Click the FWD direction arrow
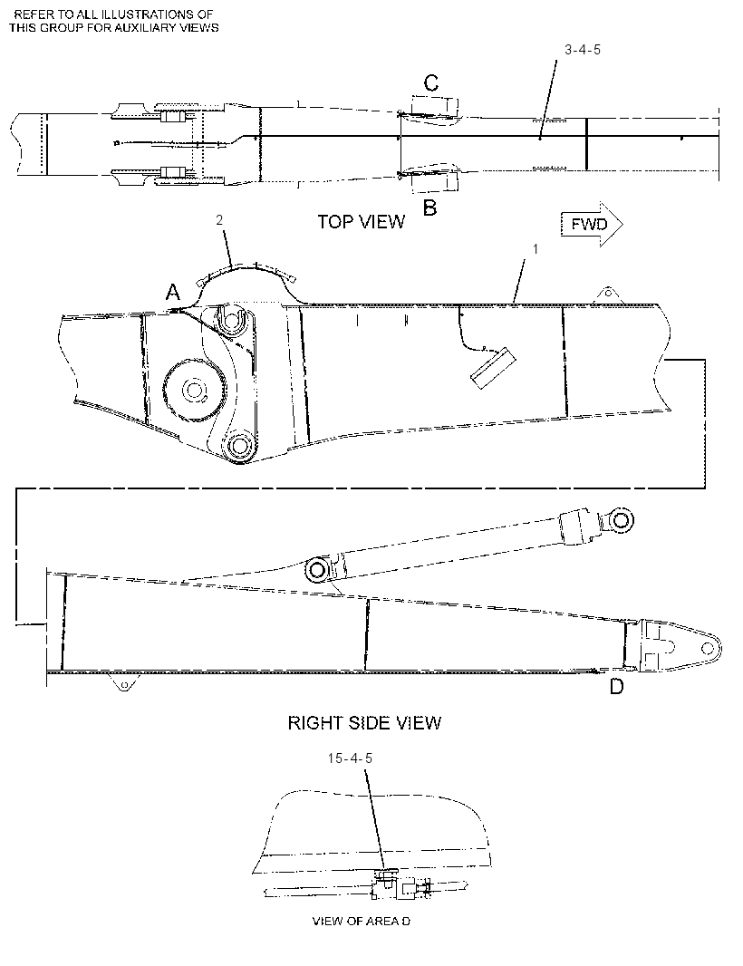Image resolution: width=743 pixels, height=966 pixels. point(592,224)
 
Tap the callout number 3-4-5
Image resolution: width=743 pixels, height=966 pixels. point(583,50)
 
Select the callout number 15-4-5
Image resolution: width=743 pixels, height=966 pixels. point(350,758)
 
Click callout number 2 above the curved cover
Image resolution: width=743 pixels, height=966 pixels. point(219,220)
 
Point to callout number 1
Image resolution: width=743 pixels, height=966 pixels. point(536,249)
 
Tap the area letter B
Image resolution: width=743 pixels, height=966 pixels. point(430,208)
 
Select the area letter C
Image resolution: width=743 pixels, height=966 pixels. point(431,82)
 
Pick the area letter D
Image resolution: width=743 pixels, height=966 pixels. point(617,686)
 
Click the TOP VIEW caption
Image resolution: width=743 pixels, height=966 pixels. point(362,222)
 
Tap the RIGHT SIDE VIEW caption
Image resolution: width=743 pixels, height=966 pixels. point(365,722)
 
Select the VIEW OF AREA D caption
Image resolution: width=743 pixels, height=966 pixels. point(362,922)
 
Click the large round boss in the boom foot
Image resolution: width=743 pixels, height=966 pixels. point(195,390)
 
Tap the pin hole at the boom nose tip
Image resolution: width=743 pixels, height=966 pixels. point(708,648)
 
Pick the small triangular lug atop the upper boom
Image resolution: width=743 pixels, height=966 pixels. point(608,295)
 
